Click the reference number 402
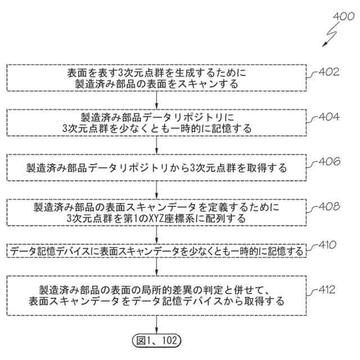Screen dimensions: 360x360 tap(329, 73)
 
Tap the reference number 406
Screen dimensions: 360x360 tap(329, 161)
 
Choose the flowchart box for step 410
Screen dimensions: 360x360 tap(157, 251)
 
